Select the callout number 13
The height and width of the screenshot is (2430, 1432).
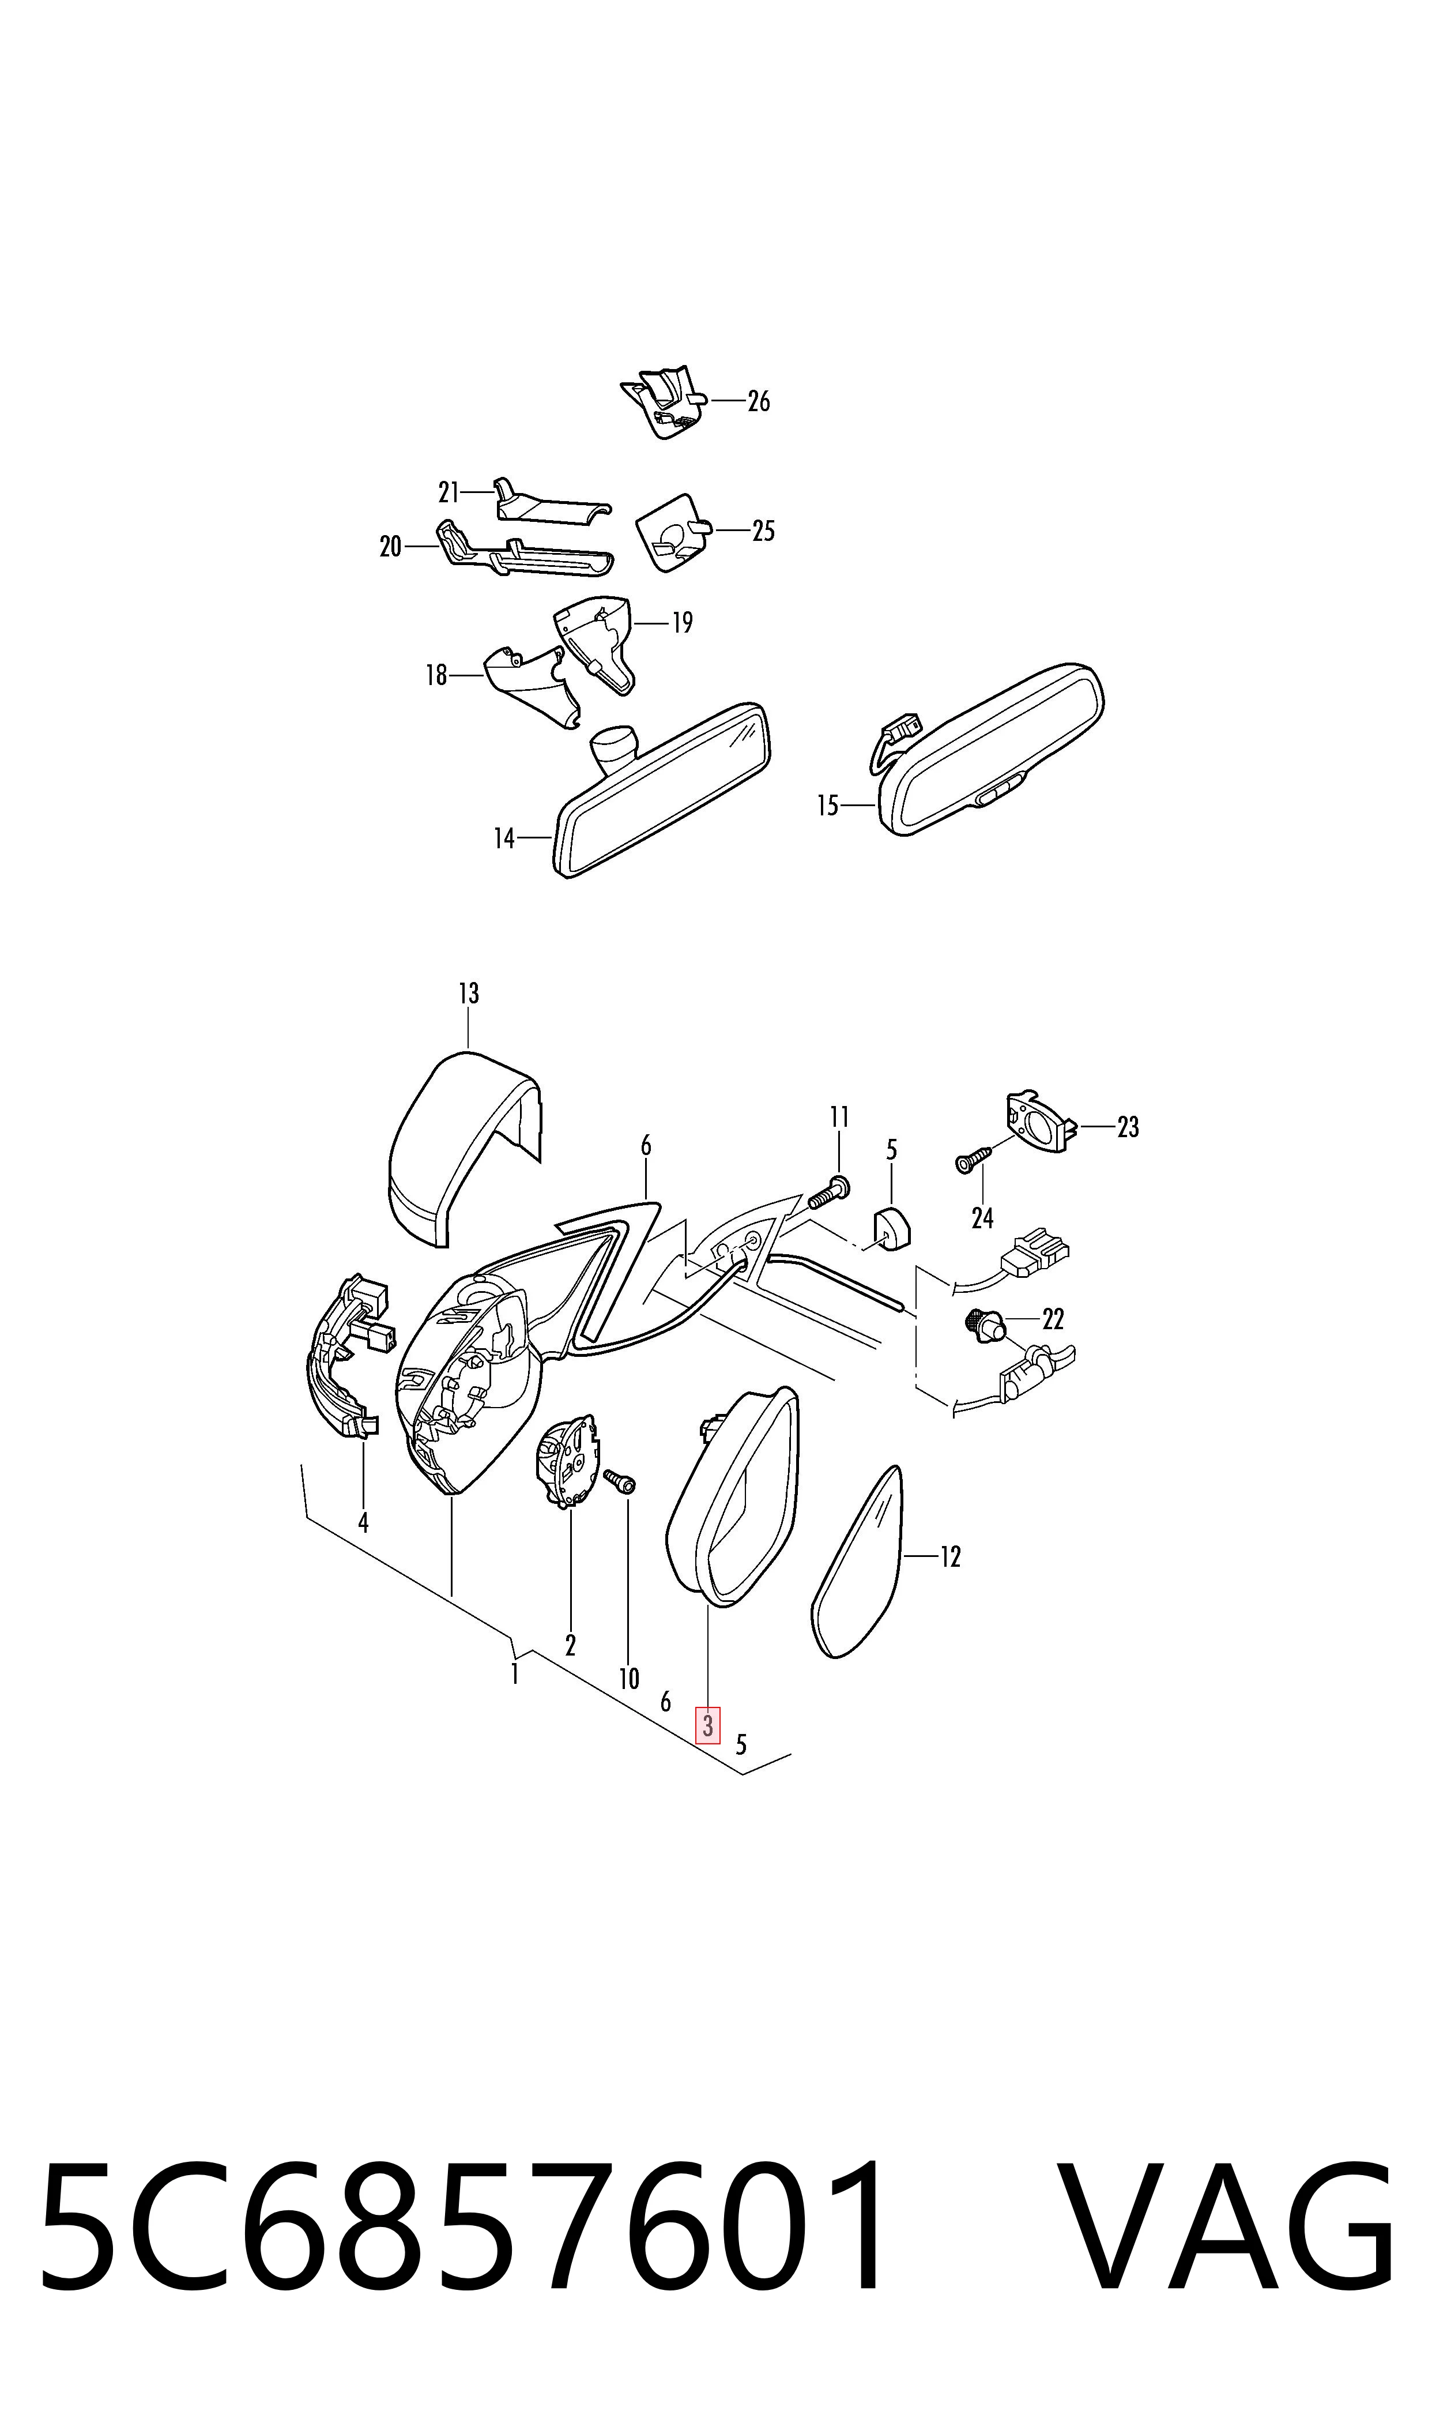[x=468, y=993]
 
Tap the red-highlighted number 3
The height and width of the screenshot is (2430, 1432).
[x=709, y=1725]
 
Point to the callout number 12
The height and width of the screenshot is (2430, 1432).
[x=951, y=1556]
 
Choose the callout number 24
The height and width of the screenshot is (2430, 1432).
[x=982, y=1219]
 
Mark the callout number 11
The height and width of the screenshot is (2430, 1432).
[x=839, y=1116]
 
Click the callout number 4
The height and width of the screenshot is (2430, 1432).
[x=363, y=1523]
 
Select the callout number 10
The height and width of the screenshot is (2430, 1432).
[x=629, y=1679]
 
